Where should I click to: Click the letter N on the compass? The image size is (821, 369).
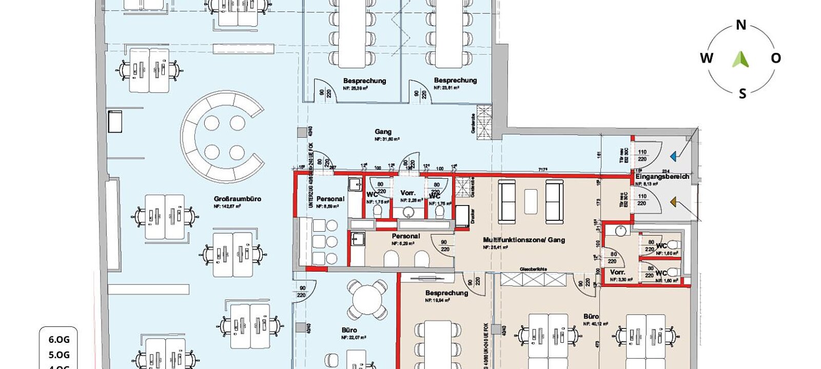pyautogui.click(x=741, y=25)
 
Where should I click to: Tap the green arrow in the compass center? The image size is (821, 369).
pyautogui.click(x=740, y=59)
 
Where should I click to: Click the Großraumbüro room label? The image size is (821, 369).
pyautogui.click(x=238, y=199)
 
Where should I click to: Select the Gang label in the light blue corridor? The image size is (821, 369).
pyautogui.click(x=383, y=132)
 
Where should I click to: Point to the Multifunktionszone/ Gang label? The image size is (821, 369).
pyautogui.click(x=524, y=240)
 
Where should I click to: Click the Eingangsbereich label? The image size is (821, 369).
pyautogui.click(x=662, y=176)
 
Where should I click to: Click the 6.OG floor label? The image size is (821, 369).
pyautogui.click(x=59, y=339)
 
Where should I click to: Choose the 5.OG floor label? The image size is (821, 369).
pyautogui.click(x=59, y=355)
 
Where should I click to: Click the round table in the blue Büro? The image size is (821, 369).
pyautogui.click(x=367, y=300)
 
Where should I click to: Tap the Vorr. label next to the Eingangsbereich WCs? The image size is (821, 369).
pyautogui.click(x=617, y=272)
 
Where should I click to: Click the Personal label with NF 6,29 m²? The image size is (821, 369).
pyautogui.click(x=405, y=236)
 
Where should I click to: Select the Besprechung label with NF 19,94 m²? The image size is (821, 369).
pyautogui.click(x=446, y=293)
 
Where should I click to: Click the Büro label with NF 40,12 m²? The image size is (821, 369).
pyautogui.click(x=591, y=317)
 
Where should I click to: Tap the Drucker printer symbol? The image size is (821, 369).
pyautogui.click(x=462, y=216)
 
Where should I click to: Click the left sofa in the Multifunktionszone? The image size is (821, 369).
pyautogui.click(x=507, y=202)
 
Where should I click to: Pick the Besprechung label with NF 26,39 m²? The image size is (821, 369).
pyautogui.click(x=364, y=81)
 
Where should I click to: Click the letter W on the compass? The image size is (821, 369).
pyautogui.click(x=707, y=58)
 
